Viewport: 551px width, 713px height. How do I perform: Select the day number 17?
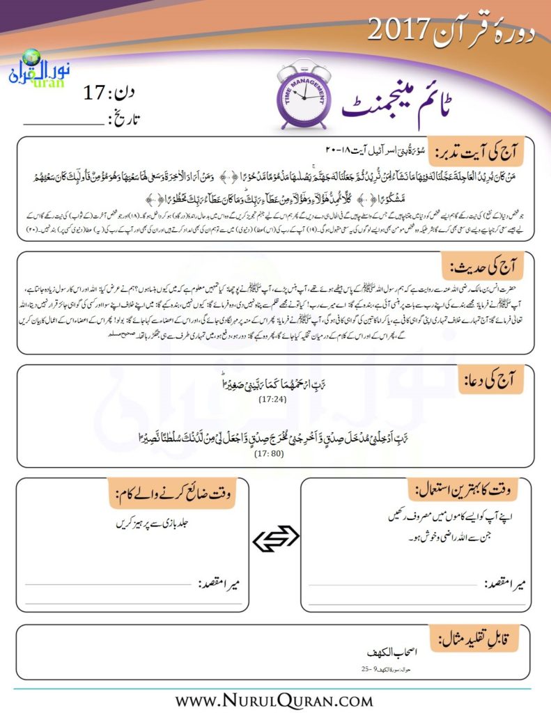96,91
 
